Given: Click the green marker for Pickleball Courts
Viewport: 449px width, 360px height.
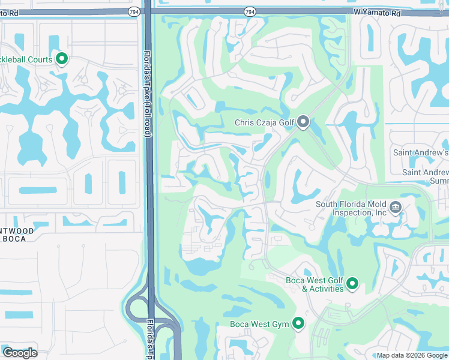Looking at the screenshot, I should (x=61, y=59).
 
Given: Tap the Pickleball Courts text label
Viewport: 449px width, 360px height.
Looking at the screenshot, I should (x=27, y=59).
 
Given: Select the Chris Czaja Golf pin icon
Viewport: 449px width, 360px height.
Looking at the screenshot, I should (x=303, y=123).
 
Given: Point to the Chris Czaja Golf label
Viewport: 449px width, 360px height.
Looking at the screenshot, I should (x=264, y=123).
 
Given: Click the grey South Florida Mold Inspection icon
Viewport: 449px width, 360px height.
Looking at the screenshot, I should (x=396, y=208).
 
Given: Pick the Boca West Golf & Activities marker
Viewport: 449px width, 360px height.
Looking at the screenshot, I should (x=352, y=283).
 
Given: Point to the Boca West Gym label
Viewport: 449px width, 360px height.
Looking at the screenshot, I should (x=260, y=325).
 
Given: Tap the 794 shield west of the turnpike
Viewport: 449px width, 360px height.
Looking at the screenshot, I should (x=134, y=11).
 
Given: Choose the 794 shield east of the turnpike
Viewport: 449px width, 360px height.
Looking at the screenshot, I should (x=250, y=11).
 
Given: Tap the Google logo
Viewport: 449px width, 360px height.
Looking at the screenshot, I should (x=20, y=353).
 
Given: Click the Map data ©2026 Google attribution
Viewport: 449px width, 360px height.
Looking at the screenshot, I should (x=412, y=355).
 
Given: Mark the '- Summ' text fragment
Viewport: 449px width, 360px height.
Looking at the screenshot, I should (x=436, y=181).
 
